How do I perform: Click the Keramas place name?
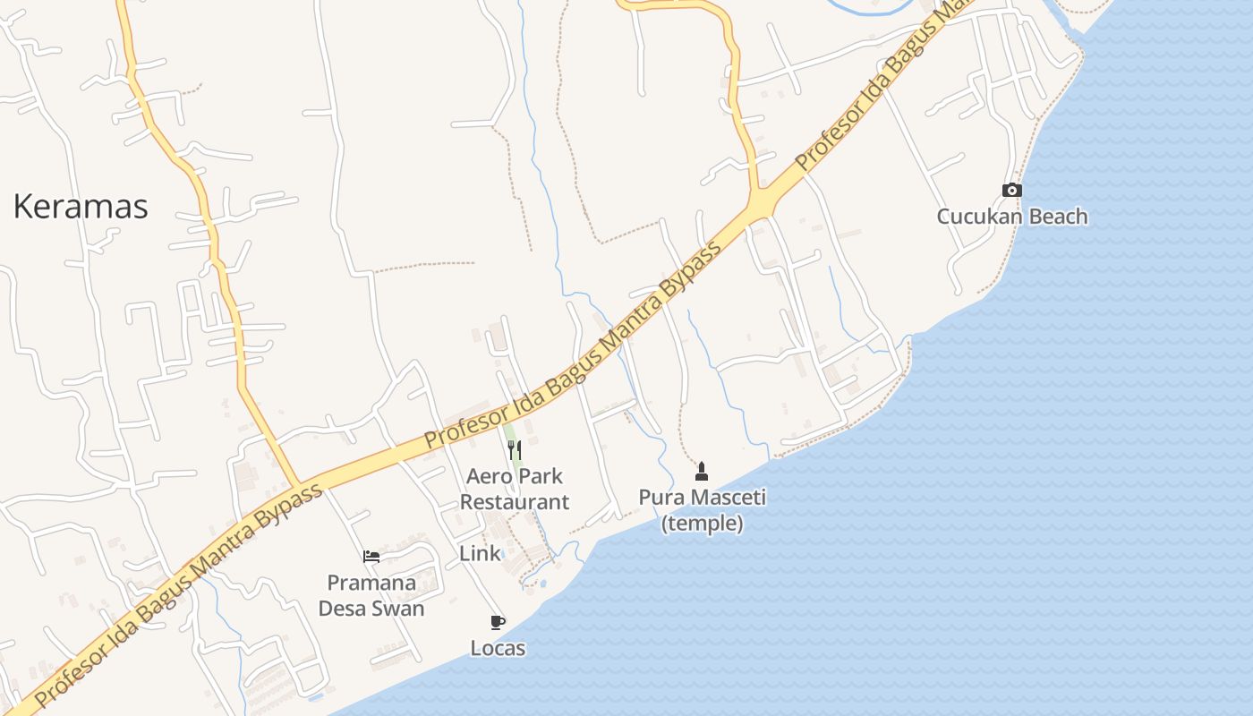click(x=81, y=207)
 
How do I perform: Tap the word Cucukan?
click(x=978, y=217)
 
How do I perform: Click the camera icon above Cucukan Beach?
click(x=1012, y=190)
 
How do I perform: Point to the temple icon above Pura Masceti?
click(x=702, y=471)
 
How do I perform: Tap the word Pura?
click(x=658, y=497)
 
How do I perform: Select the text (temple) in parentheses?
click(x=702, y=524)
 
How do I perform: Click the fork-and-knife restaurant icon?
click(x=515, y=448)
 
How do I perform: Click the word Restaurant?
click(x=515, y=502)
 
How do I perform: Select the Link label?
click(x=480, y=554)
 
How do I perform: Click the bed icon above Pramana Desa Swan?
click(x=371, y=557)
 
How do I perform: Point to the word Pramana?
click(x=371, y=584)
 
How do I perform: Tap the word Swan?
click(x=400, y=609)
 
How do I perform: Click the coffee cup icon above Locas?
click(x=498, y=622)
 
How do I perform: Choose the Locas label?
click(x=498, y=648)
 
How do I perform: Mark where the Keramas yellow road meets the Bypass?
click(x=297, y=486)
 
